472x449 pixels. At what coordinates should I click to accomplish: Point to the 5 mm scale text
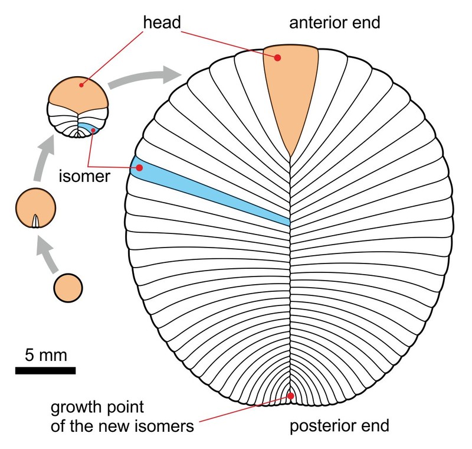click(x=45, y=356)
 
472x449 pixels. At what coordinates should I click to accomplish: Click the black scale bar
click(x=45, y=370)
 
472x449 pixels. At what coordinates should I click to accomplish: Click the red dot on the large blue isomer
click(x=140, y=168)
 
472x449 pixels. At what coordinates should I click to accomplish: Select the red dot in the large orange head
click(x=277, y=57)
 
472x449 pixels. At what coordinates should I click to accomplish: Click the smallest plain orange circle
click(x=68, y=288)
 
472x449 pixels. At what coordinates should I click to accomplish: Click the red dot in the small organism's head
click(x=81, y=84)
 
